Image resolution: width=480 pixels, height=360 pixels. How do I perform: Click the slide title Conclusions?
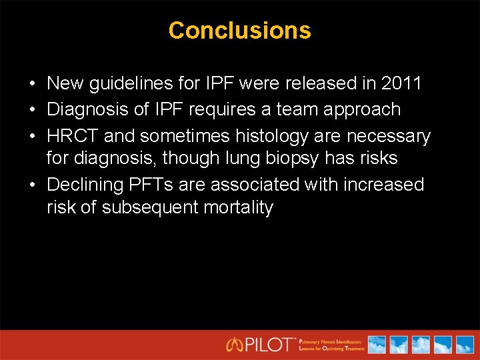pyautogui.click(x=239, y=31)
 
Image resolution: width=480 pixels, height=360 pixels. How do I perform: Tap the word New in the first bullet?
pyautogui.click(x=65, y=83)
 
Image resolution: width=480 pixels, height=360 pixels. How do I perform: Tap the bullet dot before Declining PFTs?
pyautogui.click(x=32, y=185)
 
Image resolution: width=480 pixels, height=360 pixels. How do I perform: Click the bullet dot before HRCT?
pyautogui.click(x=32, y=137)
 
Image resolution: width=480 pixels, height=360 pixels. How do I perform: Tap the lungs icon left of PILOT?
pyautogui.click(x=234, y=345)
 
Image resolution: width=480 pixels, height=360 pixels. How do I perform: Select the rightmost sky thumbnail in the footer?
pyautogui.click(x=463, y=345)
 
